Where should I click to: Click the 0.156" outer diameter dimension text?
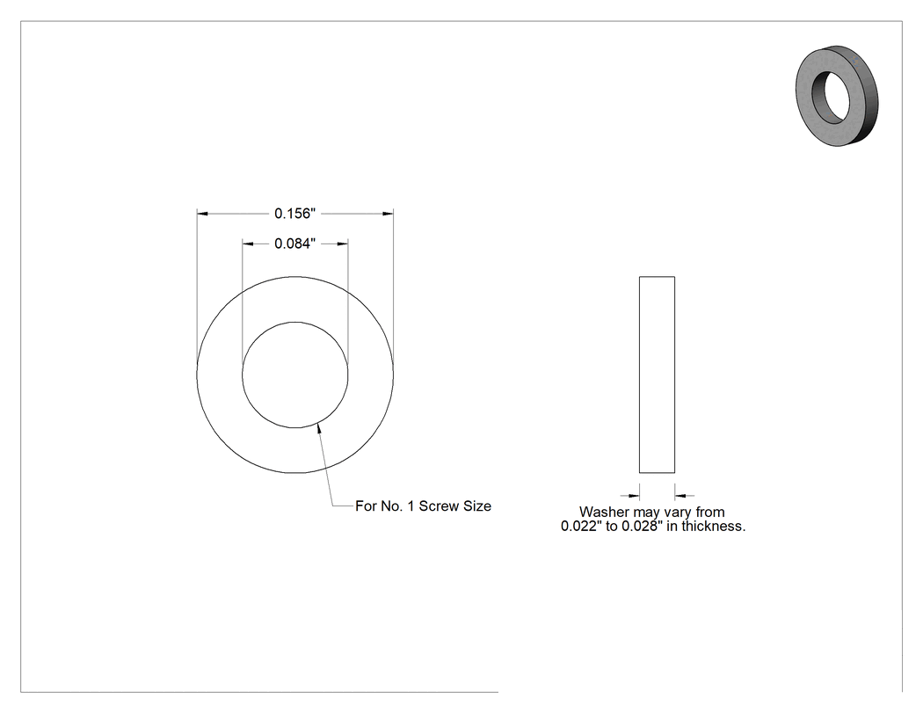294,213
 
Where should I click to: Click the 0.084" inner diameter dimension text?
294,244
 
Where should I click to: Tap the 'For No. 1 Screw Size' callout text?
423,506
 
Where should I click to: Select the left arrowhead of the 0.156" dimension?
202,213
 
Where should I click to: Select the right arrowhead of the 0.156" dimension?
388,213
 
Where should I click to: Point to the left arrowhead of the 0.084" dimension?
248,244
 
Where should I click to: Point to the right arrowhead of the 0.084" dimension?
342,244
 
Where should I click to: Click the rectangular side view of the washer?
657,375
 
